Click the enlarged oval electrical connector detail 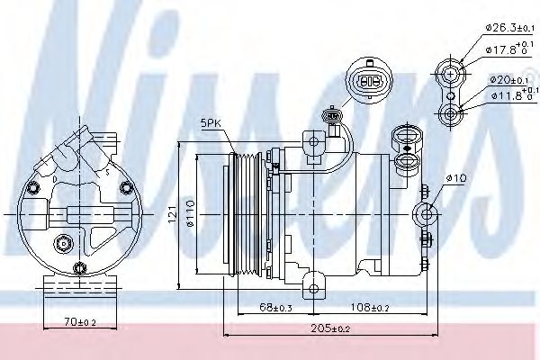pos(370,80)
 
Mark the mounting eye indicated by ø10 pos(425,214)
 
